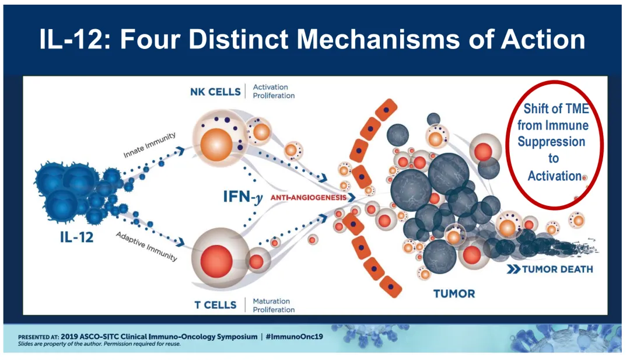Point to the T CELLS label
(x=216, y=305)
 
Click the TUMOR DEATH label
(x=557, y=269)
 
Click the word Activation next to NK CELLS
(x=270, y=87)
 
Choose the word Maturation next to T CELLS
(x=271, y=302)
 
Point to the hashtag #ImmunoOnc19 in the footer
(x=296, y=337)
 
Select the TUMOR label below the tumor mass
(x=454, y=293)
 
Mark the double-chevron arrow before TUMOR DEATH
(x=513, y=269)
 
